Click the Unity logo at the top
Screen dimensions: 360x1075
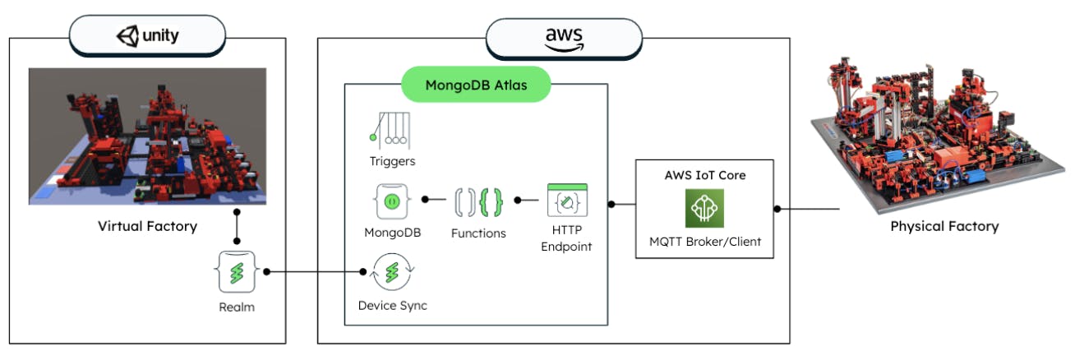pyautogui.click(x=147, y=36)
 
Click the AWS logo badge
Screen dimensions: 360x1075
pyautogui.click(x=564, y=38)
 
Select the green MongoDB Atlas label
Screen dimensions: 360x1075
pyautogui.click(x=476, y=85)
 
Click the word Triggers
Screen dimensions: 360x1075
pyautogui.click(x=392, y=161)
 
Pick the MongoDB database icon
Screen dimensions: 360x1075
pyautogui.click(x=392, y=201)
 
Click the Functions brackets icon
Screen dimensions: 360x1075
pyautogui.click(x=478, y=201)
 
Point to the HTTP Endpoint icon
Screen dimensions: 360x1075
pyautogui.click(x=566, y=201)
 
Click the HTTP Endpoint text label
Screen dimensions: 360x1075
pyautogui.click(x=566, y=239)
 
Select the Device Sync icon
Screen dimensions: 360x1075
pyautogui.click(x=392, y=272)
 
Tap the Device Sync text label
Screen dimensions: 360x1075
pyautogui.click(x=392, y=306)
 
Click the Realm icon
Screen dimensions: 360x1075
pyautogui.click(x=238, y=272)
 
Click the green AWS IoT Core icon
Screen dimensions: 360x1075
pyautogui.click(x=704, y=209)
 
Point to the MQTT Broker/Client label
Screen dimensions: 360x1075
pyautogui.click(x=704, y=242)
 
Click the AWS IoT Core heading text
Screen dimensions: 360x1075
pyautogui.click(x=704, y=175)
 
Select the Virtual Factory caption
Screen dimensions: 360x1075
pyautogui.click(x=147, y=226)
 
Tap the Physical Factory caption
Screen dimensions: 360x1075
pyautogui.click(x=944, y=226)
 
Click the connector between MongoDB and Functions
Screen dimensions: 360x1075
pyautogui.click(x=435, y=200)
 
